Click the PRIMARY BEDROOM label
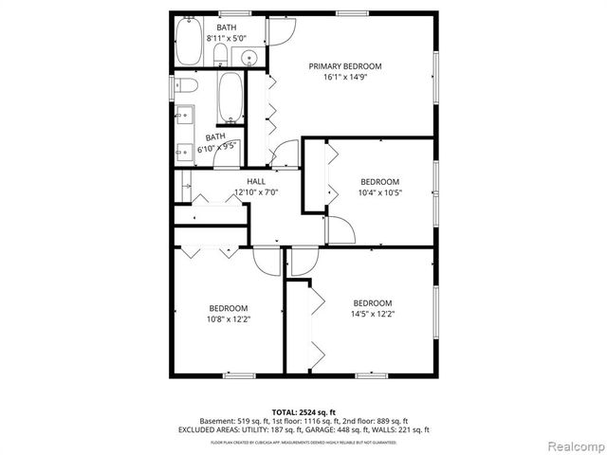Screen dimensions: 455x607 344,66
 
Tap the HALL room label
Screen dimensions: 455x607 256,181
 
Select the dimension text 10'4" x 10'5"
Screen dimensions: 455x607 379,192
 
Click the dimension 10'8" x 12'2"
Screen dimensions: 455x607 229,319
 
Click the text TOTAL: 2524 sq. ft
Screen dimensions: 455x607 303,411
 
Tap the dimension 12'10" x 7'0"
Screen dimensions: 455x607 255,192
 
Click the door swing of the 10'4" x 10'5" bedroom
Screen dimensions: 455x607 342,227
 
